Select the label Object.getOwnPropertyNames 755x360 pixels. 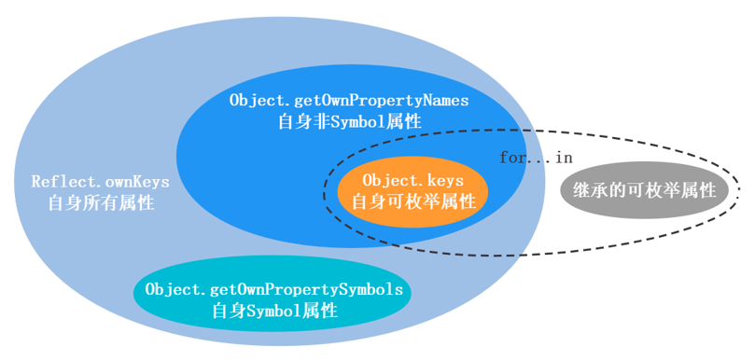[349, 100]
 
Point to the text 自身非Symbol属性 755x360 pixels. [349, 121]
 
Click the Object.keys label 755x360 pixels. [412, 179]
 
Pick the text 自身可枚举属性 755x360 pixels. [413, 201]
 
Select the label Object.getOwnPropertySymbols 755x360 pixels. [274, 289]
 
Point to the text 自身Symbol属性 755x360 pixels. [274, 312]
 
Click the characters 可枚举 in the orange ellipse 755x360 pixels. [413, 201]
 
